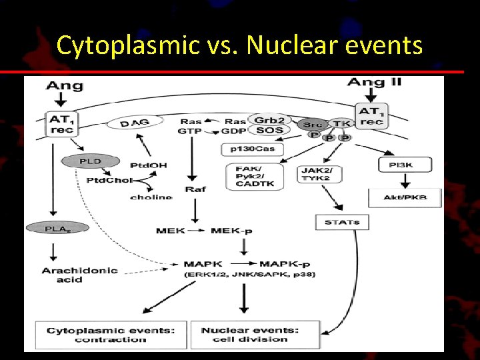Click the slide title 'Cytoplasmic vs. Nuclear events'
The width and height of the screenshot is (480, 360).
pos(239,45)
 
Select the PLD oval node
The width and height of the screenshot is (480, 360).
pos(90,161)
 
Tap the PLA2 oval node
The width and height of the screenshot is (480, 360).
pos(57,228)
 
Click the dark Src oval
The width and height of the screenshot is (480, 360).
pos(313,125)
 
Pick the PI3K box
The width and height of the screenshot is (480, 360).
pos(405,165)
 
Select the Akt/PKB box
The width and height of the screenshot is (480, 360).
pos(405,197)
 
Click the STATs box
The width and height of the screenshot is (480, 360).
pos(342,221)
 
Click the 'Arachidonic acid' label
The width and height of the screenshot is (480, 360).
pos(79,275)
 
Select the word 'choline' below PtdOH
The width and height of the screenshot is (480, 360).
pos(151,197)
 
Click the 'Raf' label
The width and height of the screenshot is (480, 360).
pos(195,189)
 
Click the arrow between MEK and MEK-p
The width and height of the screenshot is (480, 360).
pos(197,231)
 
